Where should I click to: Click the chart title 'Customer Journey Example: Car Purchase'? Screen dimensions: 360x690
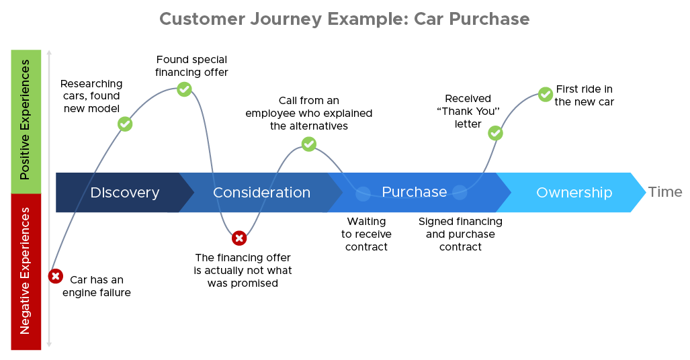pyautogui.click(x=344, y=19)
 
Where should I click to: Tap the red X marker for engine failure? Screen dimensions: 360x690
pyautogui.click(x=56, y=276)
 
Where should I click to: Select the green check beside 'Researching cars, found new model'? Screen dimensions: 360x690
pyautogui.click(x=124, y=124)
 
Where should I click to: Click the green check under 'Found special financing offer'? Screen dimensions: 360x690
pyautogui.click(x=184, y=89)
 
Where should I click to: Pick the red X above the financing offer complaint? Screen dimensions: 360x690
pyautogui.click(x=239, y=238)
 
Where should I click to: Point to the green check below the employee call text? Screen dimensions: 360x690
pyautogui.click(x=308, y=144)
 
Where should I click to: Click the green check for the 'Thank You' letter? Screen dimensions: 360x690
pyautogui.click(x=495, y=133)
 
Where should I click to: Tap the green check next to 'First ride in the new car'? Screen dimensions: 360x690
pyautogui.click(x=546, y=95)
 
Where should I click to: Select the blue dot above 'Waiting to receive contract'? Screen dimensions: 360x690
pyautogui.click(x=363, y=194)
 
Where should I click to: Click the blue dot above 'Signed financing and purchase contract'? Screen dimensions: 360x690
pyautogui.click(x=460, y=193)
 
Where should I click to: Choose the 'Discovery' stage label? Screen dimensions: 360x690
pyautogui.click(x=125, y=193)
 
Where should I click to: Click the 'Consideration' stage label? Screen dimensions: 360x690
pyautogui.click(x=261, y=193)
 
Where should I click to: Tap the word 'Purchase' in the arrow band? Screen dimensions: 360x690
pyautogui.click(x=414, y=192)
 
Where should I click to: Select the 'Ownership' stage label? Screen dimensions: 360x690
pyautogui.click(x=574, y=193)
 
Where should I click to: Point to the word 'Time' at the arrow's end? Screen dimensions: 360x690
pyautogui.click(x=665, y=192)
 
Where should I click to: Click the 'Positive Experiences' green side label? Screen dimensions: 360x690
pyautogui.click(x=26, y=121)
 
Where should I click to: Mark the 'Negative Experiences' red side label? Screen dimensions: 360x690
pyautogui.click(x=26, y=271)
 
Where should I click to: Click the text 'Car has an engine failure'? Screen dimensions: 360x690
pyautogui.click(x=97, y=286)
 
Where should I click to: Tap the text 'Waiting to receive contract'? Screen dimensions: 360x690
pyautogui.click(x=366, y=234)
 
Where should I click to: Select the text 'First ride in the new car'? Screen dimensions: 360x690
pyautogui.click(x=584, y=95)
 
